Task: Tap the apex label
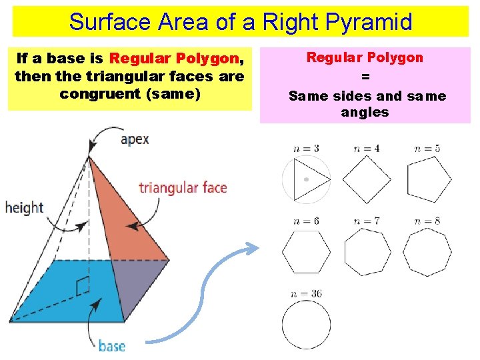click(x=134, y=139)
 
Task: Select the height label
click(x=23, y=207)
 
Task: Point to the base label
click(x=111, y=345)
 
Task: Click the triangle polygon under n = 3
click(x=310, y=179)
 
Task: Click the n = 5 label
click(x=427, y=149)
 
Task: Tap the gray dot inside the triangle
click(x=306, y=179)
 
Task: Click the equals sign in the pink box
click(x=365, y=77)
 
